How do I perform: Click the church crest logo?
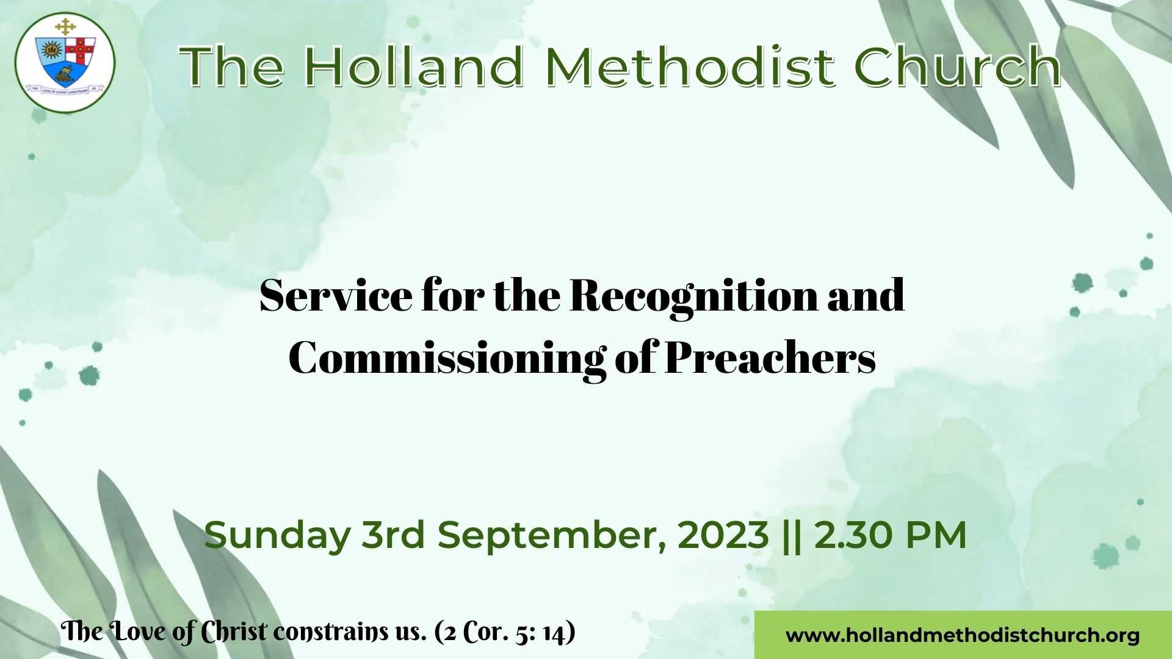click(x=65, y=62)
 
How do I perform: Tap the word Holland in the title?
click(x=414, y=66)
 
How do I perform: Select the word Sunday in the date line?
click(x=277, y=536)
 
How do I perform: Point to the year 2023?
click(x=723, y=535)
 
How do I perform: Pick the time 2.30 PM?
click(x=891, y=535)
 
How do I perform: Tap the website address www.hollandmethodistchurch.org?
click(x=963, y=635)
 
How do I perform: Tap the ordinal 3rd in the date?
click(x=394, y=535)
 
